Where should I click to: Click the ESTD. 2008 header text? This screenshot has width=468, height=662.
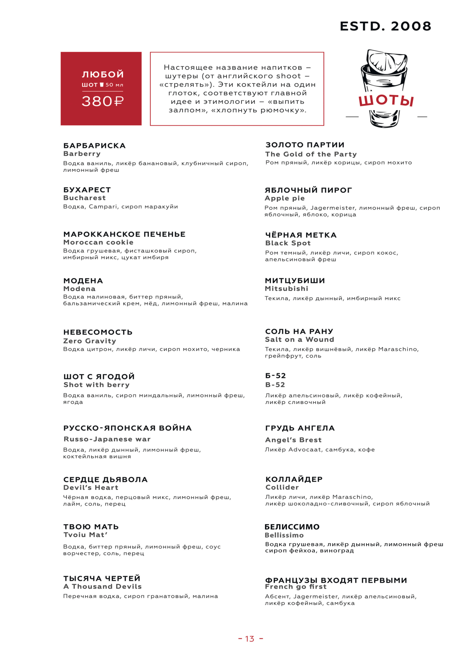coord(385,26)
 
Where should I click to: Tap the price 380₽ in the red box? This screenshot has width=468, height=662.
coord(103,102)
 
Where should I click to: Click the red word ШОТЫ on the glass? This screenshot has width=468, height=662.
coord(386,100)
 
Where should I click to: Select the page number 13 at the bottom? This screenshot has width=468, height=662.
coord(250,639)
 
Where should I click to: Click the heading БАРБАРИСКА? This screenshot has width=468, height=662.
coord(95,145)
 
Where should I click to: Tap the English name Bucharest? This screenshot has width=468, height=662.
coord(84,198)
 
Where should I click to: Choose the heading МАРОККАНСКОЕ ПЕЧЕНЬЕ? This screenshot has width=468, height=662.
coord(124,234)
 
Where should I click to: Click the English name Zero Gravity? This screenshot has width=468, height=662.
coord(90,341)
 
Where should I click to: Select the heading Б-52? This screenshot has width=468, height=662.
coord(276,376)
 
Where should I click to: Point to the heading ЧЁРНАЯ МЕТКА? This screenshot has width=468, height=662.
coord(301,235)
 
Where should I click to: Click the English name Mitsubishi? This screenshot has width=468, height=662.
coord(286,289)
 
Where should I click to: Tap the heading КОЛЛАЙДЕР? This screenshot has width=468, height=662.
coord(294,479)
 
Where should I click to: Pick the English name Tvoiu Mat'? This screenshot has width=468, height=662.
coord(85,535)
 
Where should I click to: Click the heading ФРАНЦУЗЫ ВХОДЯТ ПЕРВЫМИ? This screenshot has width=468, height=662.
coord(336,580)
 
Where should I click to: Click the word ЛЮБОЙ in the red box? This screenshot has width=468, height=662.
coord(103,74)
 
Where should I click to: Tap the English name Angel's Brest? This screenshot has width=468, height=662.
coord(293,440)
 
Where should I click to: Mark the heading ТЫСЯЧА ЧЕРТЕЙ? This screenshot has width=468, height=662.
coord(102,579)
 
